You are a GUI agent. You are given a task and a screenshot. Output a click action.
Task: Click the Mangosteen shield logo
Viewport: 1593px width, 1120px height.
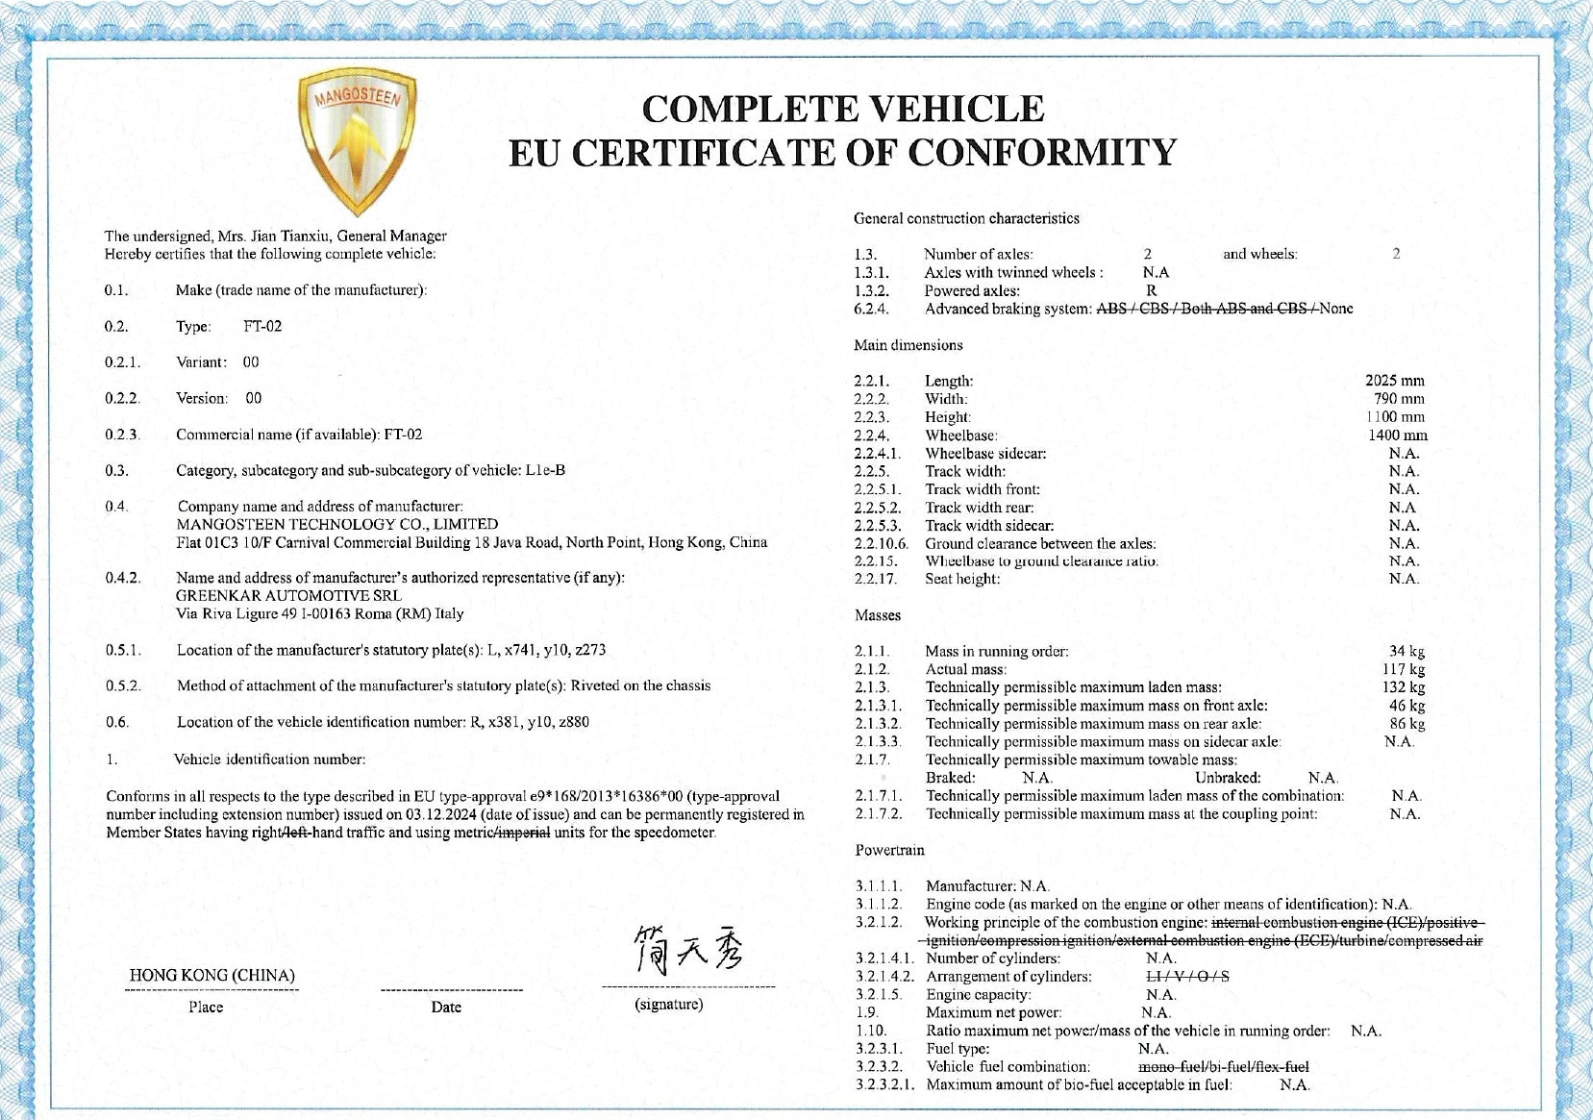(x=357, y=139)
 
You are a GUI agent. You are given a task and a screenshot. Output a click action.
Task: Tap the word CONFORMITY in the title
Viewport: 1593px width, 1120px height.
(x=1042, y=153)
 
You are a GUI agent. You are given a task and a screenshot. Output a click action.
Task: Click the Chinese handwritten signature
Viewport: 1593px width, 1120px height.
(x=687, y=950)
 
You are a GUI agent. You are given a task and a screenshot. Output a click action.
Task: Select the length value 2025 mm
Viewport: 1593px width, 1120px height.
(x=1394, y=381)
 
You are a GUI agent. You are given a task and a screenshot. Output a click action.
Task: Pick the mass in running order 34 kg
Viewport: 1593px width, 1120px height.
(x=1406, y=652)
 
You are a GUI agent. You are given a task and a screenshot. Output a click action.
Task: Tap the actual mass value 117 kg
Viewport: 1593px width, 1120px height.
(x=1404, y=669)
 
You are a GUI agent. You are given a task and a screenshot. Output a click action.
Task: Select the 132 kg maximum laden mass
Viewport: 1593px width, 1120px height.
(x=1404, y=687)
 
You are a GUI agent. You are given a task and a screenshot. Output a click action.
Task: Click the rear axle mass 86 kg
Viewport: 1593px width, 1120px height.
(x=1406, y=724)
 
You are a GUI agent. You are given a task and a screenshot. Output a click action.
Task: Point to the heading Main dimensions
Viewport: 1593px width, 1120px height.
(x=908, y=345)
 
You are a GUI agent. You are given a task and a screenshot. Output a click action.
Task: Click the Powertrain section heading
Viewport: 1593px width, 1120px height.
(x=889, y=850)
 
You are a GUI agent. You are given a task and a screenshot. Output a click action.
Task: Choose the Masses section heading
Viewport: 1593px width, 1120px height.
(x=878, y=615)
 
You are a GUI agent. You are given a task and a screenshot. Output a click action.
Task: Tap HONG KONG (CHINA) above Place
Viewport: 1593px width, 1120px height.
(x=212, y=975)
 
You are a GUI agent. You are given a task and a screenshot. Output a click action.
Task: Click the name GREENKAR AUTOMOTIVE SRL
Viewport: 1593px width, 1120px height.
(x=288, y=596)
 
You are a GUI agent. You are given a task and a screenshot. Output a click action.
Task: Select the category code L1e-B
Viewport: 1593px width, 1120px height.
(x=545, y=470)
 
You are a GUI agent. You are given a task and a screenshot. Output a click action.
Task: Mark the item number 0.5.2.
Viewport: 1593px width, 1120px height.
(x=123, y=685)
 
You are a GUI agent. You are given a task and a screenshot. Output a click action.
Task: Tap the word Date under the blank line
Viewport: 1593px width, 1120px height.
(x=446, y=1007)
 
